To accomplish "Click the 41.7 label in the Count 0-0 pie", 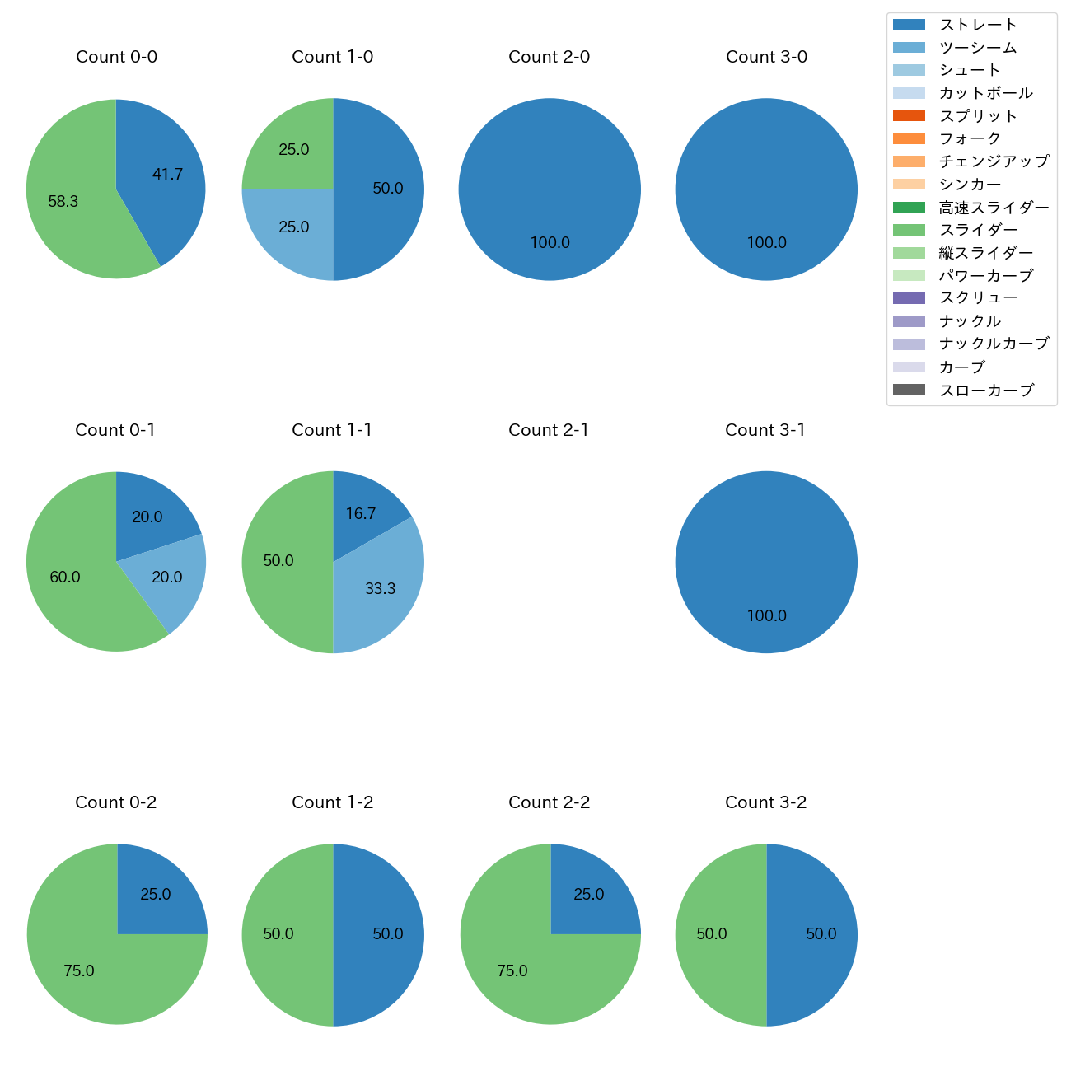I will pos(167,175).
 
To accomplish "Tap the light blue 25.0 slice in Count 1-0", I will pos(288,231).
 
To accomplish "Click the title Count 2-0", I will pos(550,57).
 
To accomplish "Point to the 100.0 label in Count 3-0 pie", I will pos(766,243).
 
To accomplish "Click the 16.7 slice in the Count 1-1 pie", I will pos(362,511).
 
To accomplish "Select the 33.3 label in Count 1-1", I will pos(381,589).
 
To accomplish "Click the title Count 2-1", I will pos(549,430).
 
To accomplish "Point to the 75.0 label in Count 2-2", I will pos(512,971).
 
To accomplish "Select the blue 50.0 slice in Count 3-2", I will pos(816,934).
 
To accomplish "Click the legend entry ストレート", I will pos(978,25).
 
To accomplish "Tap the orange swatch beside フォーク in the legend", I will pos(909,138).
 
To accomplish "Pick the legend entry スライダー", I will pos(978,230).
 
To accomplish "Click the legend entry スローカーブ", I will pos(986,391).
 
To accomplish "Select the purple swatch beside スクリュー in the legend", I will pos(909,298).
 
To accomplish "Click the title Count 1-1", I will pos(332,430).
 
